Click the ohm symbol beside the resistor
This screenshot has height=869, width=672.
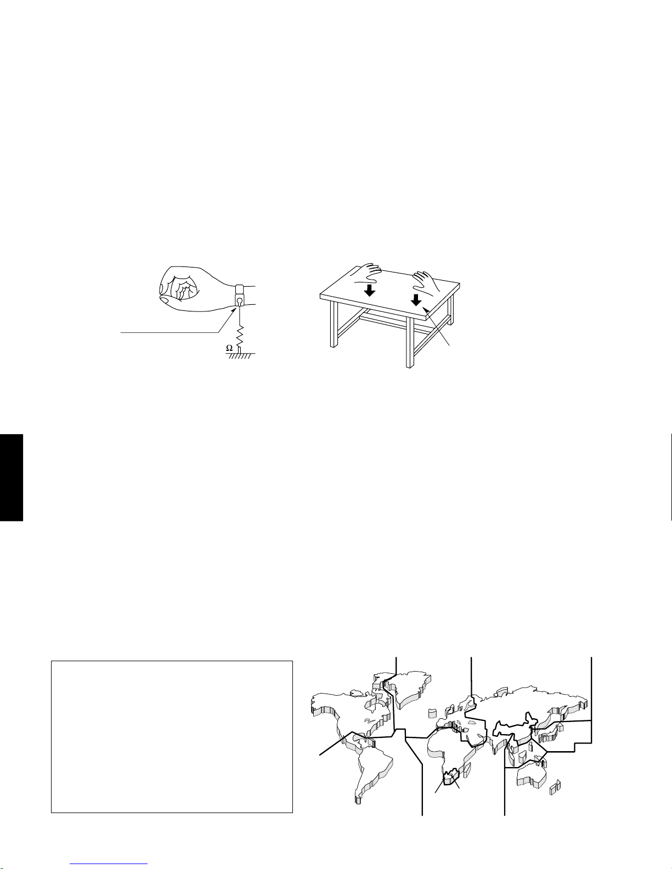click(x=230, y=348)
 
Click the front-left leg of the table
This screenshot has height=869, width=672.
click(x=332, y=325)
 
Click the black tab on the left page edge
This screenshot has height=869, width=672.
click(x=11, y=478)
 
